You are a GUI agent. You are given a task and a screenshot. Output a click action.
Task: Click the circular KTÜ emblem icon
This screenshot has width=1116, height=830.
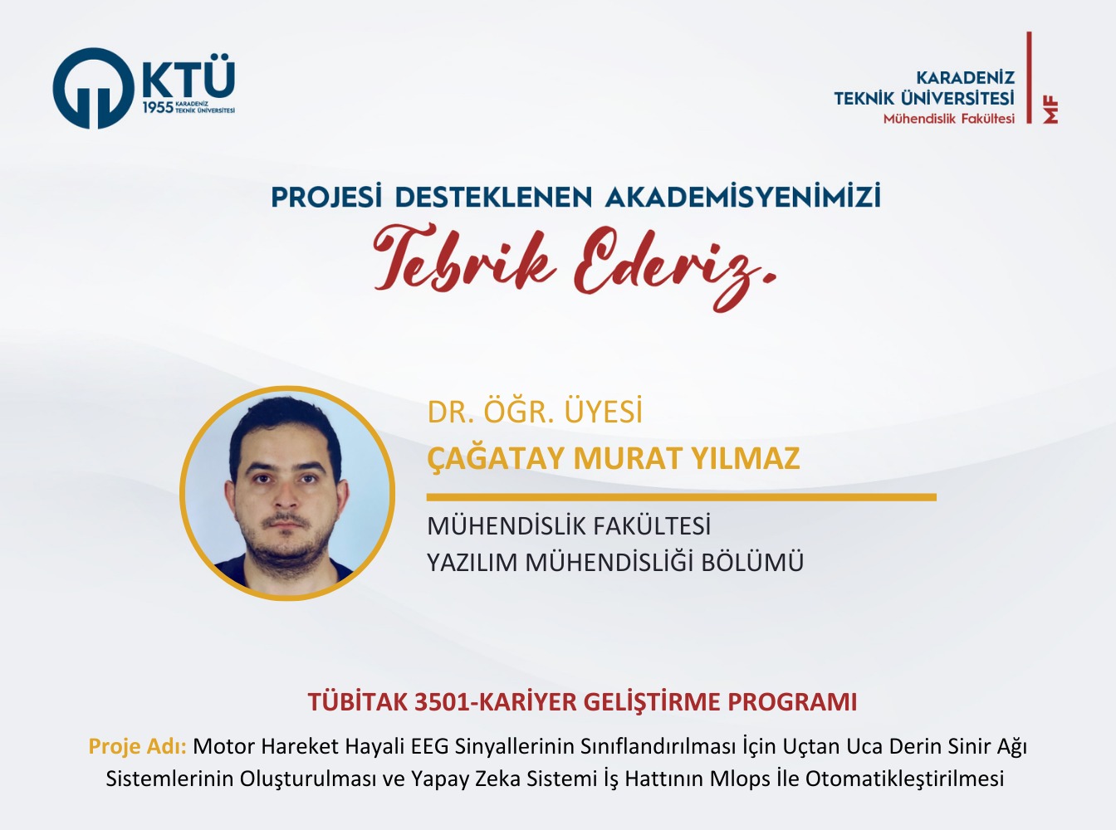94,88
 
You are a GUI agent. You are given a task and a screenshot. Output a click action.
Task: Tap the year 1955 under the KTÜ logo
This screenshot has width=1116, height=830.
158,107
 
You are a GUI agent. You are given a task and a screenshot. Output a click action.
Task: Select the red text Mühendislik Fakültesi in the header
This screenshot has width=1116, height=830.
949,119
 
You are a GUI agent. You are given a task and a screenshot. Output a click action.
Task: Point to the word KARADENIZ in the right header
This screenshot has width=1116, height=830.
965,77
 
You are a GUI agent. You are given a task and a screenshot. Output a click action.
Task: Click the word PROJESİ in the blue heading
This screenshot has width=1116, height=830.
325,197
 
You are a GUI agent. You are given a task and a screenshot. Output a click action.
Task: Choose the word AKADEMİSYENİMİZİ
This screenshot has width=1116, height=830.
742,197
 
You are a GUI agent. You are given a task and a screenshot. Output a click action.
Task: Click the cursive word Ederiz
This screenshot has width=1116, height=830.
675,266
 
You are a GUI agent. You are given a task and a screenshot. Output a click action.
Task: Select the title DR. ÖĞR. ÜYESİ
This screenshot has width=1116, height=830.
535,412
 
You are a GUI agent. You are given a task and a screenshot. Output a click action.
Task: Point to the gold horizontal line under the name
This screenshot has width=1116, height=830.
681,497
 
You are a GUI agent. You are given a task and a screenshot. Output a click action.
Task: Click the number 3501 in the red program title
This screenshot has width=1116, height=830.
443,703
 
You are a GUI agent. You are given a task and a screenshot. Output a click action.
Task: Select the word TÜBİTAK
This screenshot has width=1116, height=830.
358,701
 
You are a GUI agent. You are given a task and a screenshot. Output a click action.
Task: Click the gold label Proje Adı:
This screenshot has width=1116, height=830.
137,746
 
